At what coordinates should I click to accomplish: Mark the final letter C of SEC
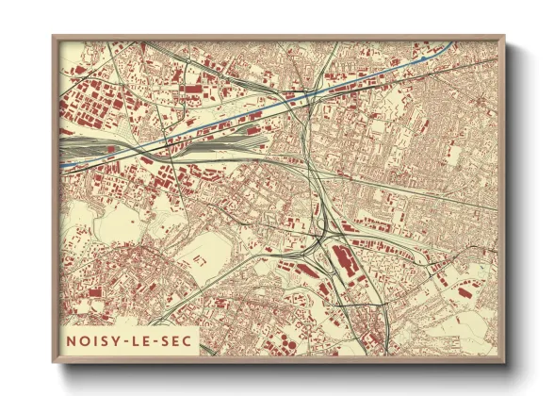(187, 339)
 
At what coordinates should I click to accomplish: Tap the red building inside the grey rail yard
(112, 148)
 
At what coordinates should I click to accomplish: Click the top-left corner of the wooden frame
(54, 37)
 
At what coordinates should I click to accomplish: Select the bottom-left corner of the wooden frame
(54, 362)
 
